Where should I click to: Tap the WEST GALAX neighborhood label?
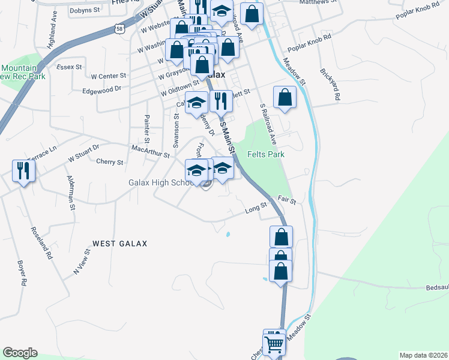119,244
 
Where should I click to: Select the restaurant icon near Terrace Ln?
23,171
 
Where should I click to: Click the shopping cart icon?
274,343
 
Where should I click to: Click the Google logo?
20,353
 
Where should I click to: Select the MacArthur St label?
150,151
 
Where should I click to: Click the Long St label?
256,208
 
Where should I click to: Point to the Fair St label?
287,199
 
